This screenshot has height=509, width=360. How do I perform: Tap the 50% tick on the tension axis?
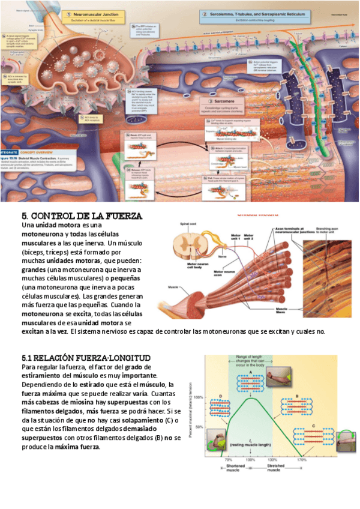pos(200,427)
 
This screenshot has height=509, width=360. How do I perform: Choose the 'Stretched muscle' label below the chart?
pos(275,469)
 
